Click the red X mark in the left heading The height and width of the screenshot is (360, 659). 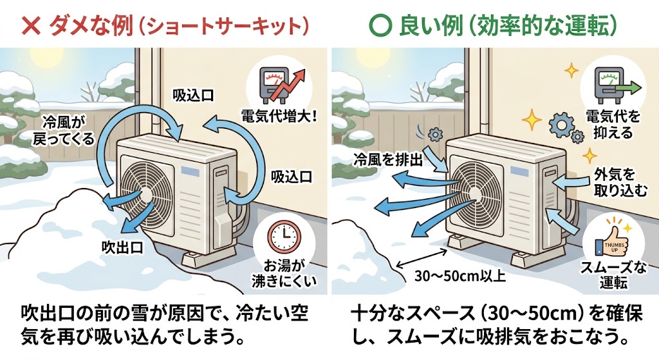[x=30, y=26]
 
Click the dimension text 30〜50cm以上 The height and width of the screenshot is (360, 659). [x=450, y=278]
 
